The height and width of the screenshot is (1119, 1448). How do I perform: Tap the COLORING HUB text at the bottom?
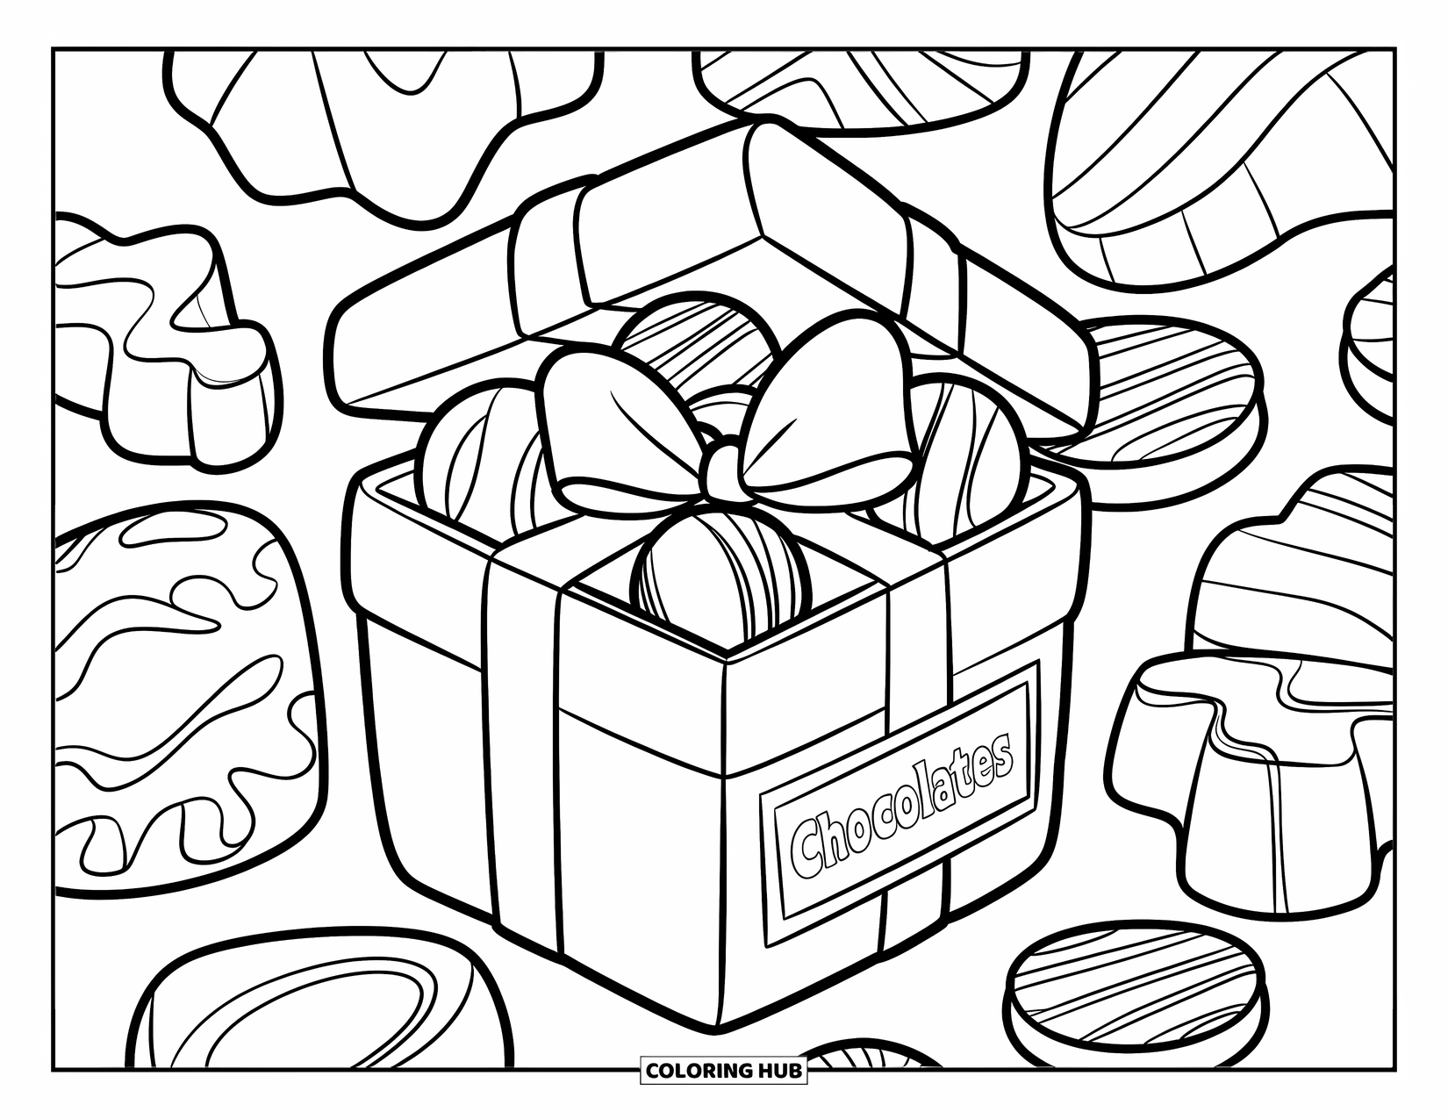pyautogui.click(x=724, y=1070)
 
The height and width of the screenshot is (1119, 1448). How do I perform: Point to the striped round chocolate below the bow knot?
pyautogui.click(x=721, y=570)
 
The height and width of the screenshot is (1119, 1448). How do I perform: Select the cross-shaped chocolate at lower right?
pyautogui.click(x=1246, y=755)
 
